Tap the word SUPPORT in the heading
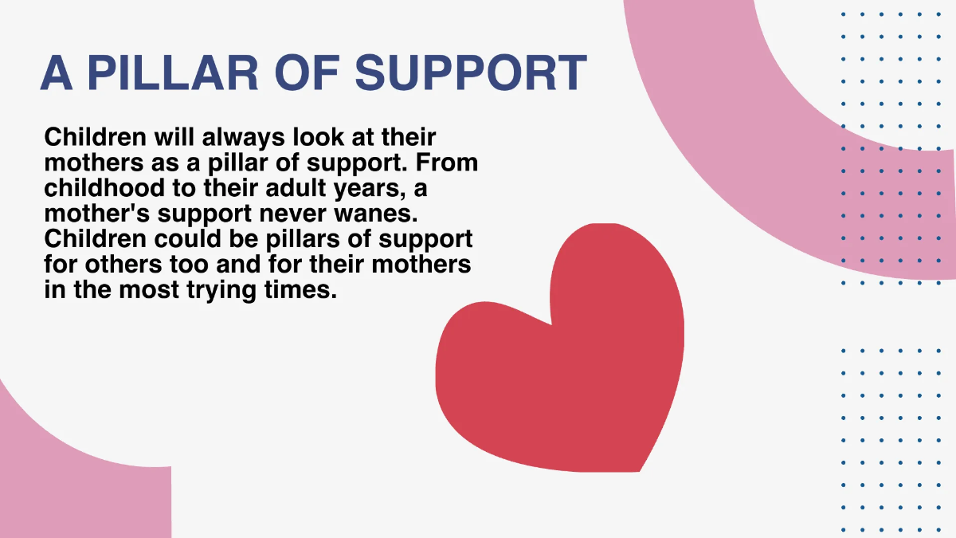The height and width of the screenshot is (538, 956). tap(471, 73)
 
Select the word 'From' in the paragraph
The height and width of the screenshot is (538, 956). tap(449, 163)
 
